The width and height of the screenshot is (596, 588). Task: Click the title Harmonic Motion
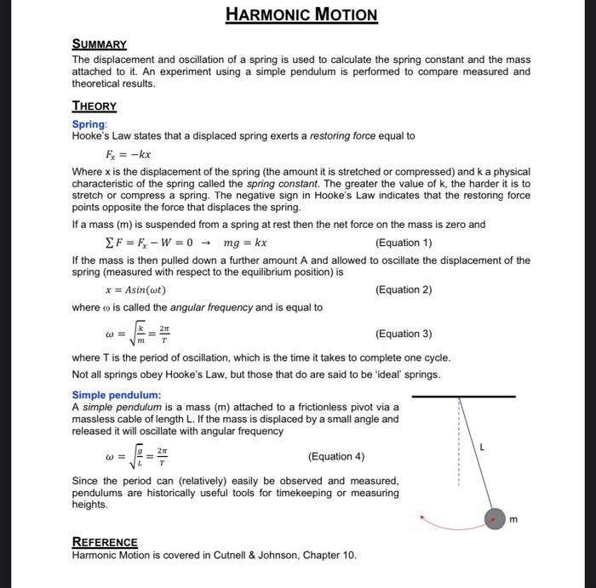[301, 14]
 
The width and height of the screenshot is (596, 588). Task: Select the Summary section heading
[99, 43]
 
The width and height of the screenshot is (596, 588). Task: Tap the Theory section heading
[94, 106]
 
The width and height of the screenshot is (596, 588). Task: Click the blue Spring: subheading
[89, 124]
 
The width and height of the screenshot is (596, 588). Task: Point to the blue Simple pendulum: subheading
[116, 395]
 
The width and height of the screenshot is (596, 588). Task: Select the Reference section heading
[105, 542]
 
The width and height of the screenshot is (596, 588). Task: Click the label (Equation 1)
[404, 243]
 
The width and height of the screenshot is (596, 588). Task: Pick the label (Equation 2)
[404, 289]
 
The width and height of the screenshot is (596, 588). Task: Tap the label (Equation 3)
[404, 334]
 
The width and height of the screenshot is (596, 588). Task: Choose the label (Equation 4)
[336, 457]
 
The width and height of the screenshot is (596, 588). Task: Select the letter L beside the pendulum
[482, 446]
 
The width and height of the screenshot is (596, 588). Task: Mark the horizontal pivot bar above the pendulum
[463, 397]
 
